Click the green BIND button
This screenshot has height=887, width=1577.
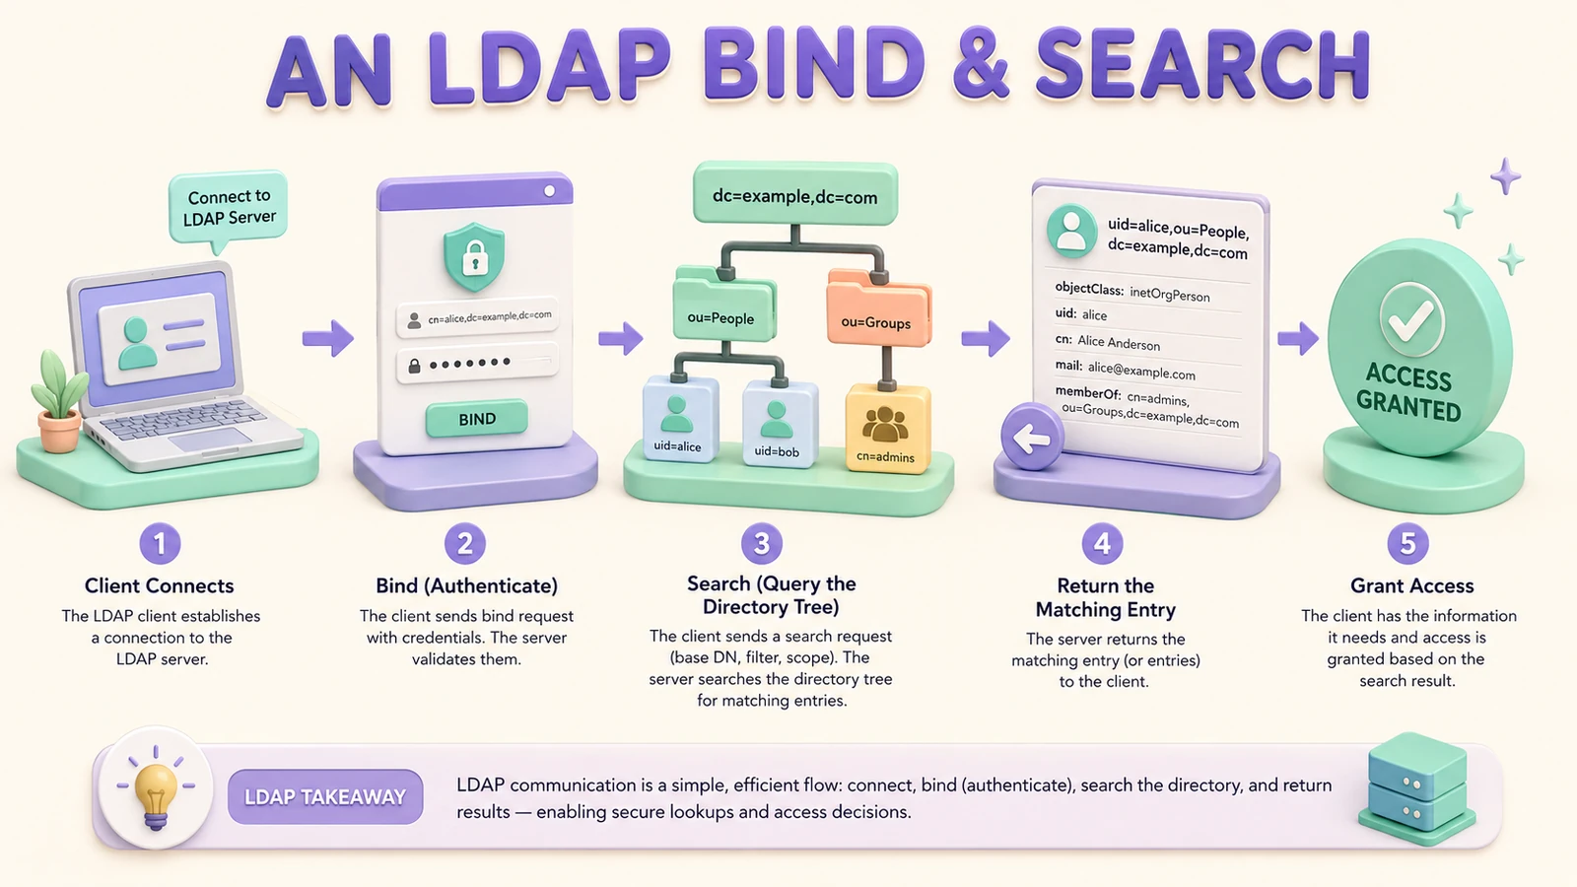click(x=477, y=419)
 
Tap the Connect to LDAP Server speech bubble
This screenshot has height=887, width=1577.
click(x=228, y=208)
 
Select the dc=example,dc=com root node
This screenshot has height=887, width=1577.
click(x=794, y=195)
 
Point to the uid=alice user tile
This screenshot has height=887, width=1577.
click(x=679, y=420)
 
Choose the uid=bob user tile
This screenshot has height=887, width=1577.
click(x=779, y=424)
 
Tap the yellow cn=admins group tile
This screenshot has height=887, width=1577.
click(x=886, y=429)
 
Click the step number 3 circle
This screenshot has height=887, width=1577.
click(x=761, y=543)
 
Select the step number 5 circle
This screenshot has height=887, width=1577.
click(x=1407, y=543)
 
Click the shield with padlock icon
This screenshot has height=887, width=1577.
click(x=474, y=257)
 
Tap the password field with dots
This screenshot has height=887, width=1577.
click(x=477, y=364)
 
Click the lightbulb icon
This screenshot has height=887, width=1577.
click(x=156, y=789)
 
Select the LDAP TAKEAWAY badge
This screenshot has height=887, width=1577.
click(x=325, y=797)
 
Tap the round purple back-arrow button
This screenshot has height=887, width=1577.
click(x=1032, y=437)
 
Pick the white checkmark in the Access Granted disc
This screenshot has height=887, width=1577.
click(x=1410, y=320)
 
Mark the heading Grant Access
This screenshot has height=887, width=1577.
click(x=1411, y=585)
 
